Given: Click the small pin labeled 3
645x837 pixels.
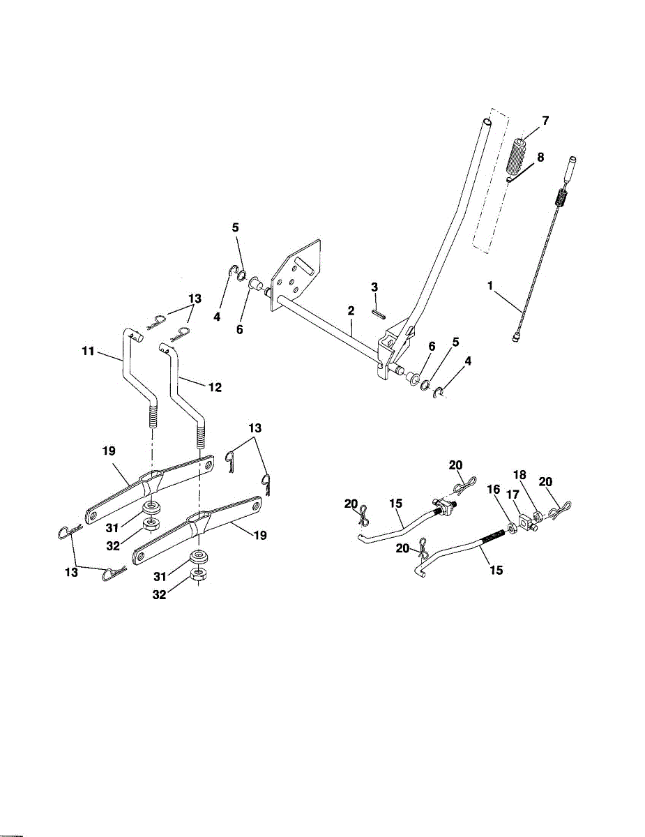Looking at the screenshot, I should (378, 312).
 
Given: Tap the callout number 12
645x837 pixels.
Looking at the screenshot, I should (215, 386).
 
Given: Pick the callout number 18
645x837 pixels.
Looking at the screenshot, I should (519, 474).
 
